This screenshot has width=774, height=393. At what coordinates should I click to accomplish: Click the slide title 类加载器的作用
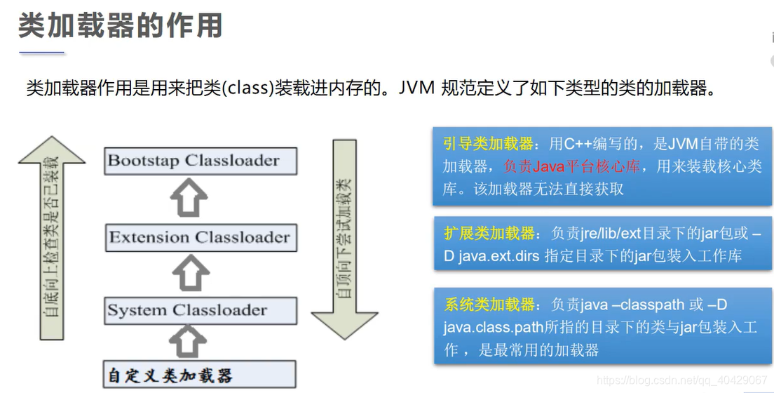pos(120,26)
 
